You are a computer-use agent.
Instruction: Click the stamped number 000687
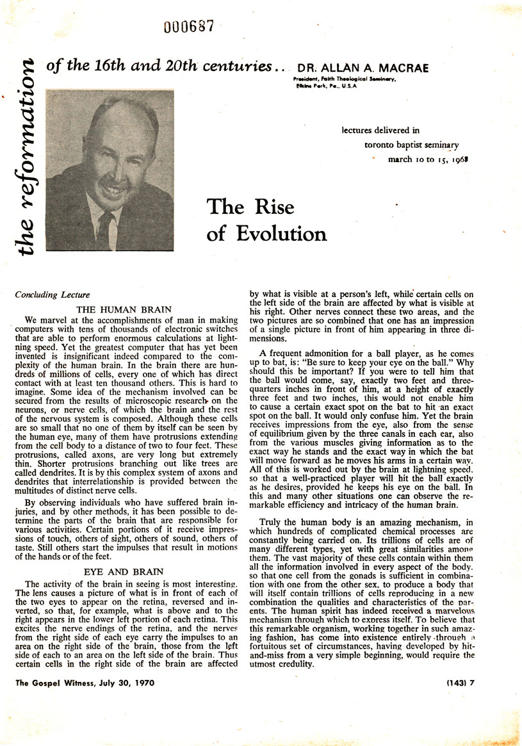tap(188, 26)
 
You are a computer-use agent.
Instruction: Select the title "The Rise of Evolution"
tap(266, 220)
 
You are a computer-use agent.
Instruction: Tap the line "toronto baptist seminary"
tap(411, 145)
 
